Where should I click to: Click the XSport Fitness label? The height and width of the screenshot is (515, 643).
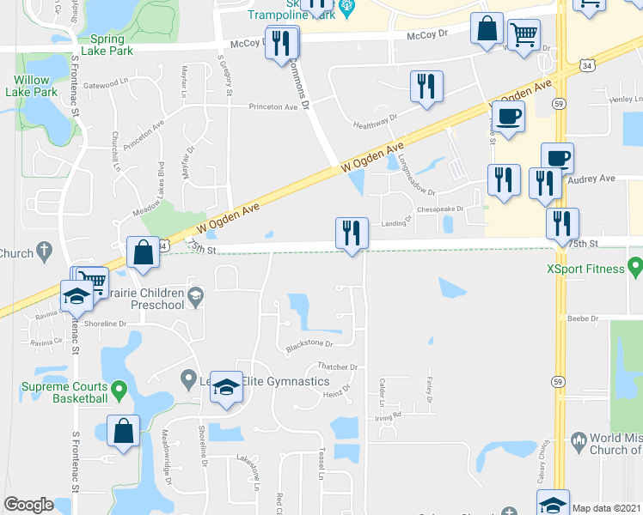[585, 269]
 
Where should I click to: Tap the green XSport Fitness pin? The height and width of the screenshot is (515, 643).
[635, 269]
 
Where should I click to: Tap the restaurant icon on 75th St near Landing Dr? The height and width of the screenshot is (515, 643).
[352, 232]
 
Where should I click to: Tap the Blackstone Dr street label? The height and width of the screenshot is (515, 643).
[309, 344]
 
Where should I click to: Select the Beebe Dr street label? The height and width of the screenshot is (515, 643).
[582, 318]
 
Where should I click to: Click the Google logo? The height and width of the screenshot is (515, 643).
[28, 505]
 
